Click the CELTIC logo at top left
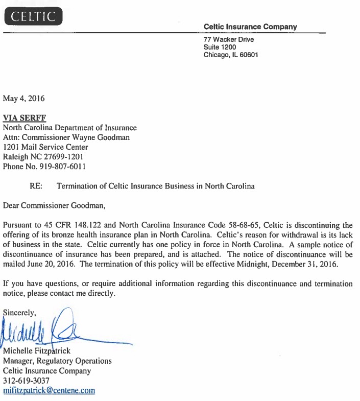34,16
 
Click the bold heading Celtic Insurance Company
250,27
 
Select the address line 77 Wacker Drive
228,39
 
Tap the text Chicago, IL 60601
231,55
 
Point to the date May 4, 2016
23,98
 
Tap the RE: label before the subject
36,186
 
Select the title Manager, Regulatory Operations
57,361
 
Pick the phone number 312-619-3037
26,381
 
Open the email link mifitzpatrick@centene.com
49,391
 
